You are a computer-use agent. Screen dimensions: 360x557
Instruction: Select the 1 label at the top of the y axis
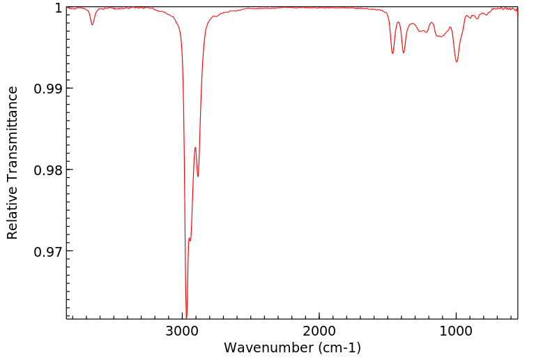tap(58, 8)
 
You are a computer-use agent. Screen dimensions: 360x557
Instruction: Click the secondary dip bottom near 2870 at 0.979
tap(198, 177)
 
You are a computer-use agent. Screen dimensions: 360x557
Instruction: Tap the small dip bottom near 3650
tap(92, 25)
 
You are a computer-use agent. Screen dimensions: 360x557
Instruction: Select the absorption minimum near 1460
tap(392, 54)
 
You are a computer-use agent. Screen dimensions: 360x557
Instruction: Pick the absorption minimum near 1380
tap(404, 53)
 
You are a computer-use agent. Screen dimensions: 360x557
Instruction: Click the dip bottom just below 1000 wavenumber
tap(457, 61)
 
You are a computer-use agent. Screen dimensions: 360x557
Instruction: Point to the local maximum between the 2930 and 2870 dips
tap(195, 147)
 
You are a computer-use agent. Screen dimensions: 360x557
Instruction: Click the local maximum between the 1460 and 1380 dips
tap(398, 22)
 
